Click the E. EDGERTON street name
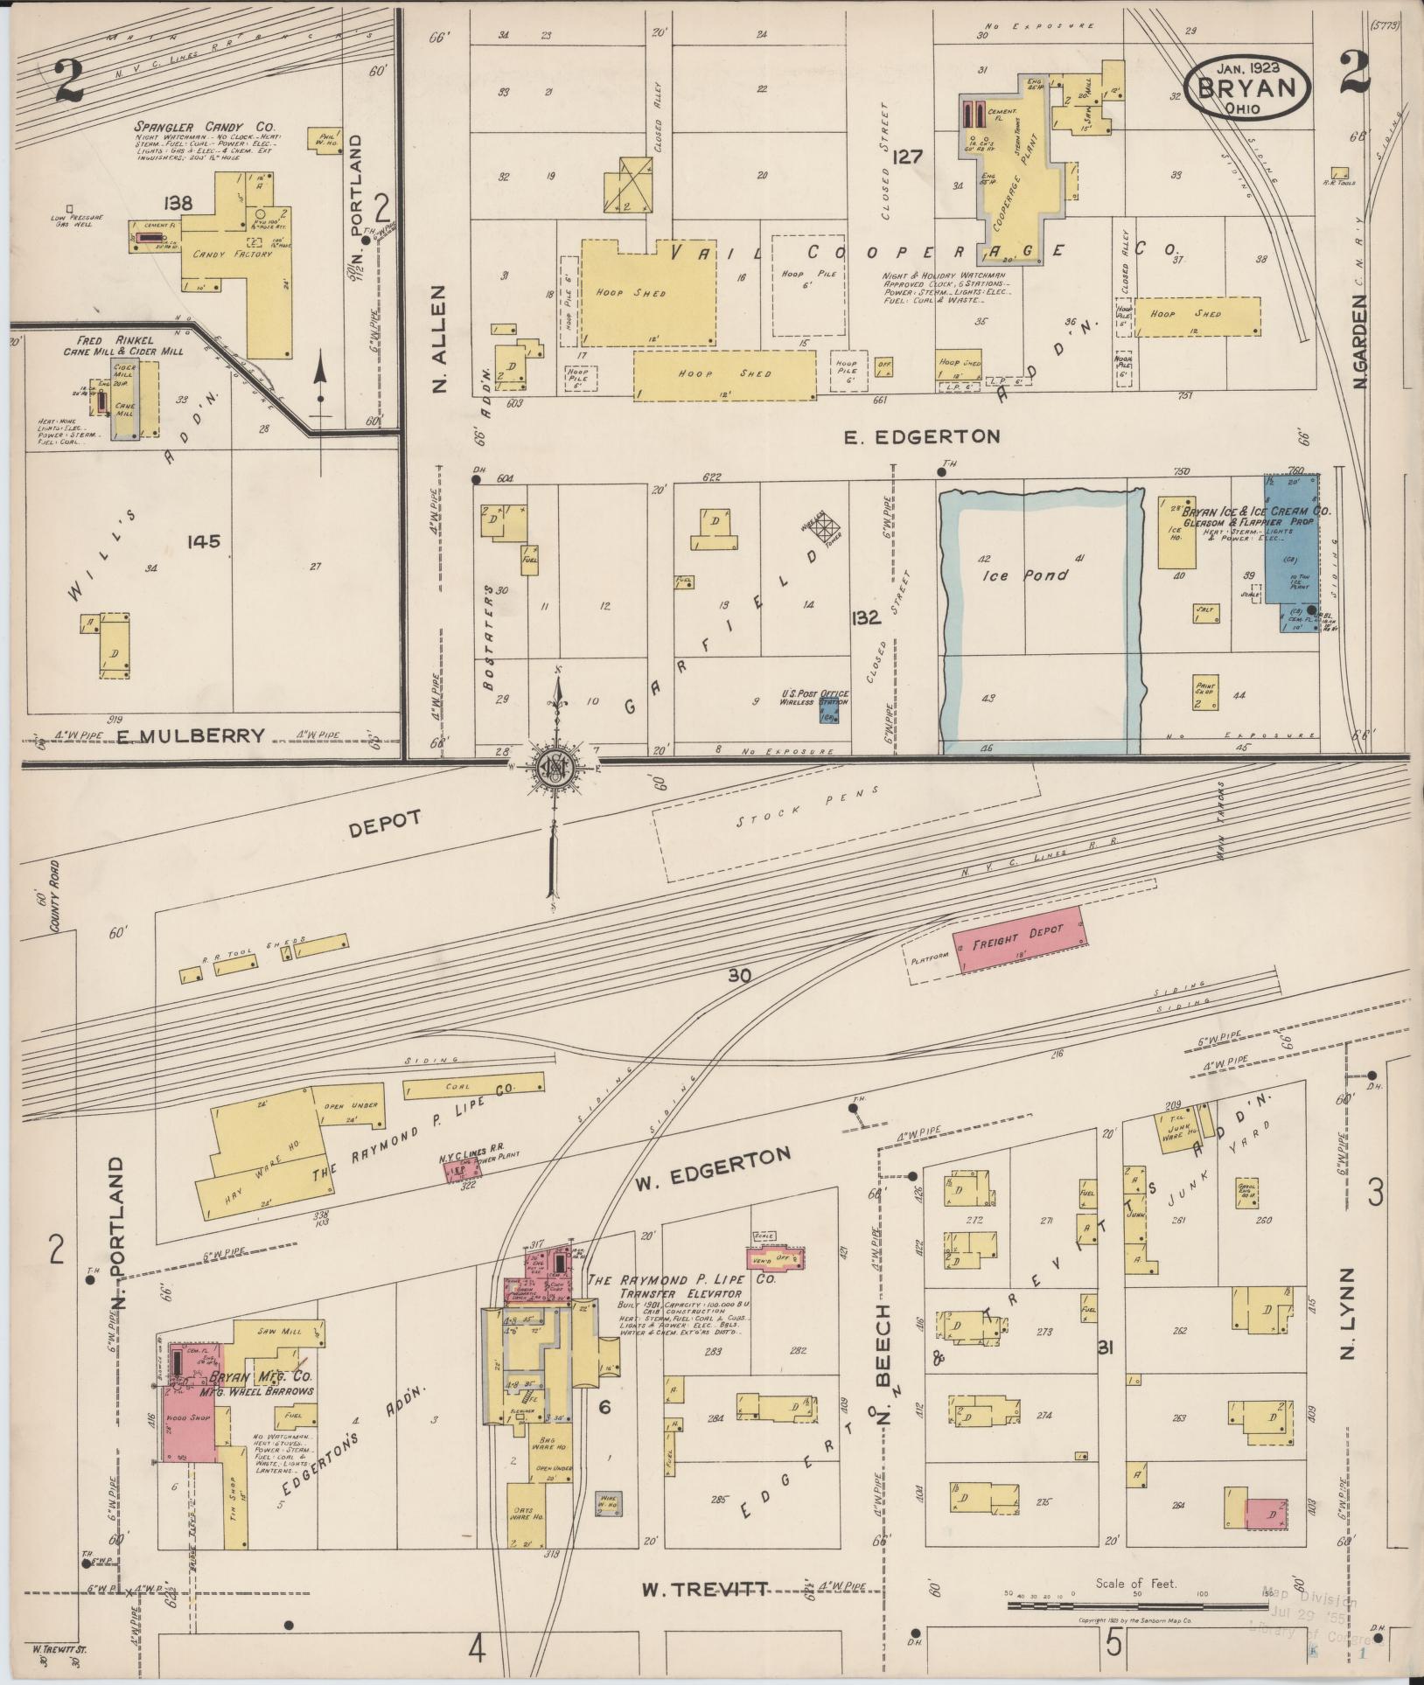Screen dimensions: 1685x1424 (922, 435)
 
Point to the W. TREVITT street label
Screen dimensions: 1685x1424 (705, 1588)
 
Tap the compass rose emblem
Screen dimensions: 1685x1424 (554, 767)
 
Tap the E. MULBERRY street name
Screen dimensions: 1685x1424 (190, 735)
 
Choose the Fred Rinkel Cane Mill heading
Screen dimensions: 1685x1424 (122, 345)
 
